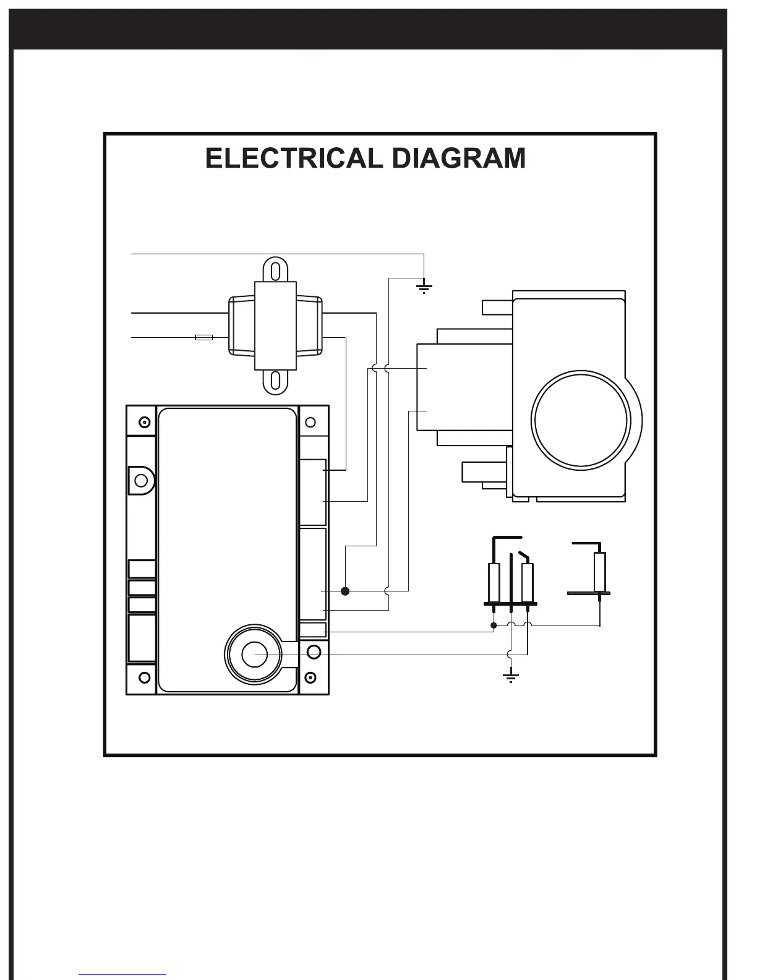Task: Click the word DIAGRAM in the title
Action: click(x=459, y=158)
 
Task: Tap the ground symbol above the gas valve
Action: click(x=424, y=286)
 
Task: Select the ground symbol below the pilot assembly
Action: click(x=510, y=676)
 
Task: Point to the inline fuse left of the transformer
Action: click(x=203, y=337)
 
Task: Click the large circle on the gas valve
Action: click(x=581, y=420)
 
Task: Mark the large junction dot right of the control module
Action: click(x=346, y=591)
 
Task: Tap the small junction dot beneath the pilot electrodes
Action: click(x=494, y=625)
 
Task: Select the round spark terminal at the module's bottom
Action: click(x=254, y=655)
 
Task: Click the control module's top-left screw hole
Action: click(x=144, y=423)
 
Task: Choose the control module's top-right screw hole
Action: click(x=310, y=423)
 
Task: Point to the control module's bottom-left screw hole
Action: click(x=144, y=677)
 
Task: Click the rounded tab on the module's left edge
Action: click(x=141, y=480)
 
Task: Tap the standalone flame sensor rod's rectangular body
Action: click(x=599, y=572)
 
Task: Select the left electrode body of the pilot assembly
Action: click(x=494, y=582)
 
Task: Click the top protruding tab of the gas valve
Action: click(x=497, y=307)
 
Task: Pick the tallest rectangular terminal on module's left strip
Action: click(x=142, y=638)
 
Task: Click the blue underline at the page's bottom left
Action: click(x=122, y=976)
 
